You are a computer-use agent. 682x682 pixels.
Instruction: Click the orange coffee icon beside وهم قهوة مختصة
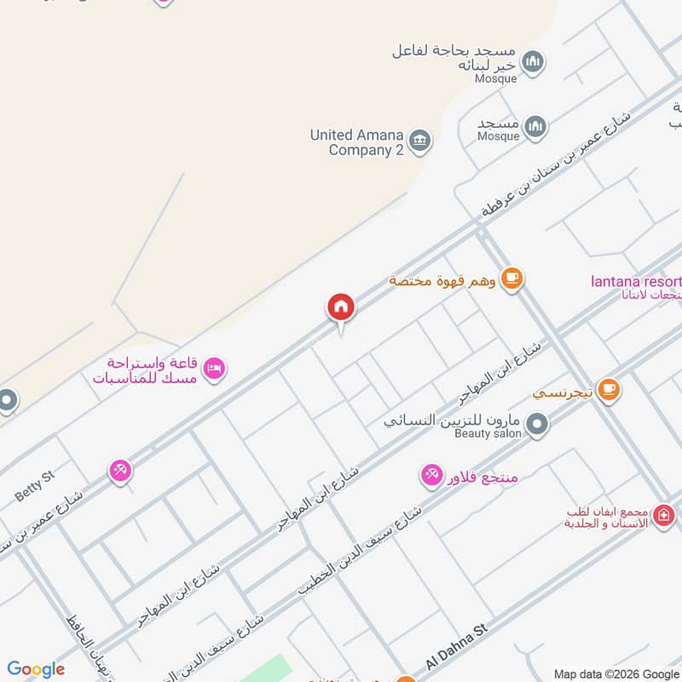click(x=511, y=278)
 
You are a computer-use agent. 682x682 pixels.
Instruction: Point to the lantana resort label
click(x=635, y=282)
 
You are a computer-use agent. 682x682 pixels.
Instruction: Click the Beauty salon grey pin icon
click(x=537, y=423)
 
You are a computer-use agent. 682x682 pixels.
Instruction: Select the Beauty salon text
click(x=488, y=434)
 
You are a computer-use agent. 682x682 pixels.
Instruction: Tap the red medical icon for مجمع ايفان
click(x=664, y=515)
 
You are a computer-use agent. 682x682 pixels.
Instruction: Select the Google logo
click(x=36, y=669)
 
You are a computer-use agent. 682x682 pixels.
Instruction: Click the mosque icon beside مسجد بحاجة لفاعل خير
click(x=534, y=61)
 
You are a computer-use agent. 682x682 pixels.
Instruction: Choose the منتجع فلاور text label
click(x=482, y=477)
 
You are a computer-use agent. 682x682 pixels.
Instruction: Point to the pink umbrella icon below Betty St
click(x=120, y=470)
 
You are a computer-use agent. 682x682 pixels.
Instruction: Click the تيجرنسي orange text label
click(x=563, y=393)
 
